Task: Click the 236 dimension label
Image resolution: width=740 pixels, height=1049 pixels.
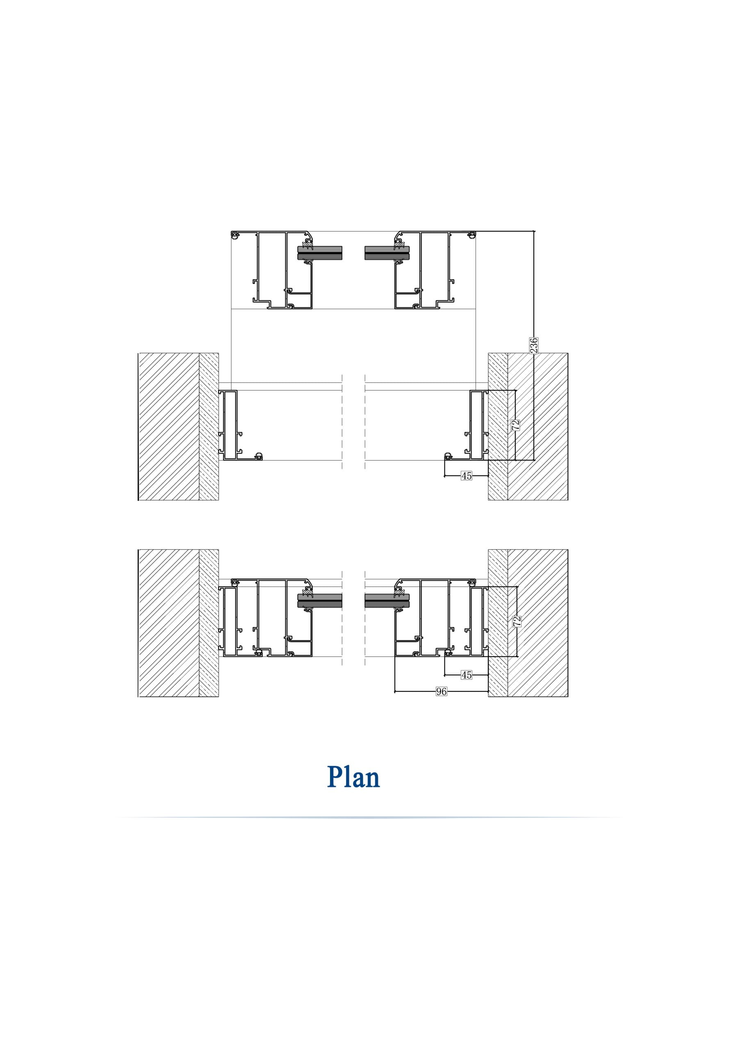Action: coord(533,345)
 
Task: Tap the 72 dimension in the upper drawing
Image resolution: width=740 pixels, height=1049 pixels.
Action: coord(516,425)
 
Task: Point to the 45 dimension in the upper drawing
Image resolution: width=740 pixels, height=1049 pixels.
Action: coord(466,476)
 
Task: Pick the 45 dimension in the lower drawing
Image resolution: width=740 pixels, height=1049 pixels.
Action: coord(466,675)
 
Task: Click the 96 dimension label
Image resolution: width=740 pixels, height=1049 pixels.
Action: coord(441,692)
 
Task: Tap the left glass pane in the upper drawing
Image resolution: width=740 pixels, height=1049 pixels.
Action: coord(320,253)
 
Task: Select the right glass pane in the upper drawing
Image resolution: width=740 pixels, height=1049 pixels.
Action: coord(387,253)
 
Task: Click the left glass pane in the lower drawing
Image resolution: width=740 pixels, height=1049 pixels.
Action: coord(320,601)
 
